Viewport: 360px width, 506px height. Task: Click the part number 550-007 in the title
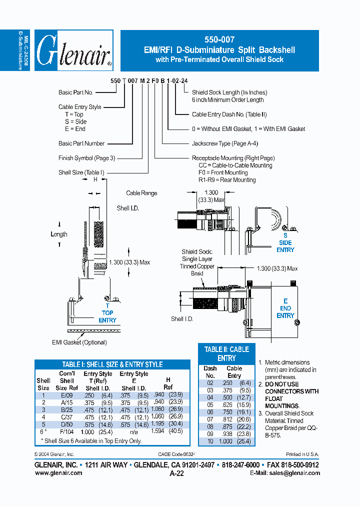(x=219, y=39)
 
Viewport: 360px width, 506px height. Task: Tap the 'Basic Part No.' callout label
(x=75, y=92)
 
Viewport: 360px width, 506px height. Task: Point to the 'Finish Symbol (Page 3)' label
(x=86, y=158)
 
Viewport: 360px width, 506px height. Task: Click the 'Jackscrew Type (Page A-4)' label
(x=225, y=143)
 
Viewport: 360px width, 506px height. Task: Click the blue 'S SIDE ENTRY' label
(x=285, y=242)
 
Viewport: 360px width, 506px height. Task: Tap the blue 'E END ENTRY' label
(x=285, y=308)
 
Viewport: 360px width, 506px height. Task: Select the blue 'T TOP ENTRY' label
(x=107, y=313)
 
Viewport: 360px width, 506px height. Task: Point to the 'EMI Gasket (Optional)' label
(x=79, y=342)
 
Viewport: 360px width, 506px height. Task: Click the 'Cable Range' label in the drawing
(x=141, y=193)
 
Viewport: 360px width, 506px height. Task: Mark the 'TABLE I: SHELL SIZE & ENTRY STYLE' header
(x=112, y=364)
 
